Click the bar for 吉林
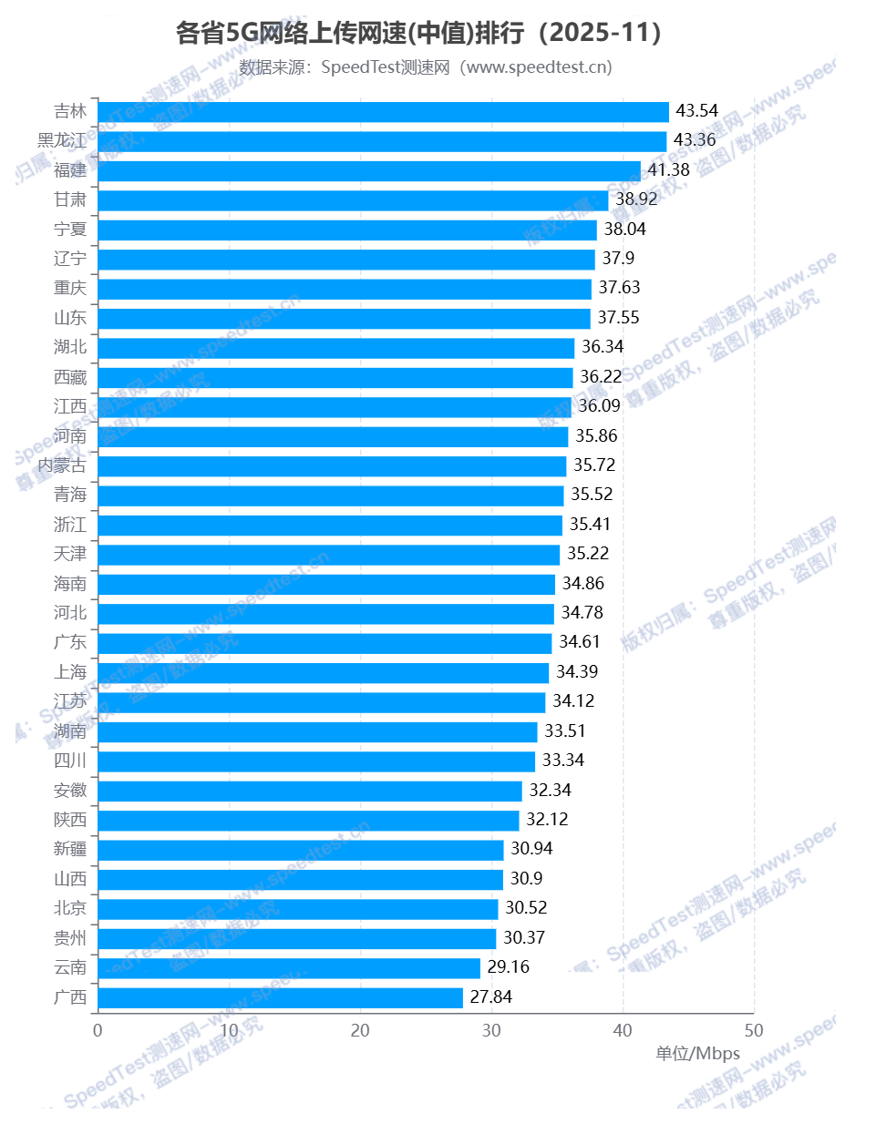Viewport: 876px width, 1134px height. (x=383, y=111)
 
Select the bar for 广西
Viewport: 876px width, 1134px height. (x=280, y=997)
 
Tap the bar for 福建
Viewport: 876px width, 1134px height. (x=369, y=170)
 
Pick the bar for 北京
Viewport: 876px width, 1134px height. (x=298, y=908)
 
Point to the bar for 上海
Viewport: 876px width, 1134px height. (x=323, y=672)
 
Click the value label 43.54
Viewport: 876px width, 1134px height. (x=696, y=111)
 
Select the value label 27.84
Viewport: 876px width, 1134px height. (x=490, y=997)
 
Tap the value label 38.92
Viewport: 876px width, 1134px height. (x=636, y=199)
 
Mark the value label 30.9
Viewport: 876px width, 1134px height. (x=526, y=879)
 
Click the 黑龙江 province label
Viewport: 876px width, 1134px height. (x=62, y=140)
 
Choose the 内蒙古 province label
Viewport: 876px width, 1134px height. (x=62, y=465)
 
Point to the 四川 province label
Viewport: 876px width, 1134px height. (x=70, y=761)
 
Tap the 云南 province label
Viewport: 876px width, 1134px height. (x=70, y=967)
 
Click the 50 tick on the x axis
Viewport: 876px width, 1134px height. (x=754, y=1030)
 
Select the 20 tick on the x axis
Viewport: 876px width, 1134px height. (x=360, y=1030)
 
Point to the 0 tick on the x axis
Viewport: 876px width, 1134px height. (x=98, y=1030)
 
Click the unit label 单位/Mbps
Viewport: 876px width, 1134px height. (x=697, y=1054)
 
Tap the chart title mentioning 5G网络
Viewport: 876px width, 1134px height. (x=418, y=33)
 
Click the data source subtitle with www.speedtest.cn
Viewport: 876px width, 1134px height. (x=426, y=67)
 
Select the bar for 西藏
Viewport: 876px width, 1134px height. (x=335, y=377)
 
